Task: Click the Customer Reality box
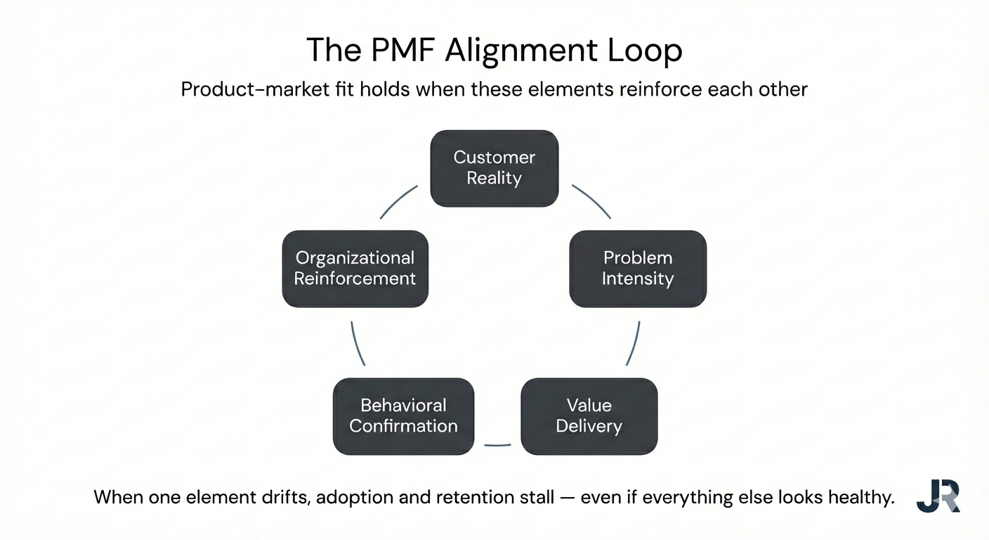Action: (494, 168)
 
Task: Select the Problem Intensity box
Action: (637, 269)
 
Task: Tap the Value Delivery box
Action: (589, 416)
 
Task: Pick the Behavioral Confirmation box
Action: (403, 416)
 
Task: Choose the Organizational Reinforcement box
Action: (355, 269)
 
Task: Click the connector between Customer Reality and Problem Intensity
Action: (592, 201)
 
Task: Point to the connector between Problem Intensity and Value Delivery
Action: (634, 344)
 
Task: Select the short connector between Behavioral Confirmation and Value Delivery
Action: (497, 445)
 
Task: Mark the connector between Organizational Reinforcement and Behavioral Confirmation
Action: (357, 344)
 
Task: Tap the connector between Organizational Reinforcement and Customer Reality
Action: (398, 201)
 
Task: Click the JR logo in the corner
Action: (938, 496)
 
